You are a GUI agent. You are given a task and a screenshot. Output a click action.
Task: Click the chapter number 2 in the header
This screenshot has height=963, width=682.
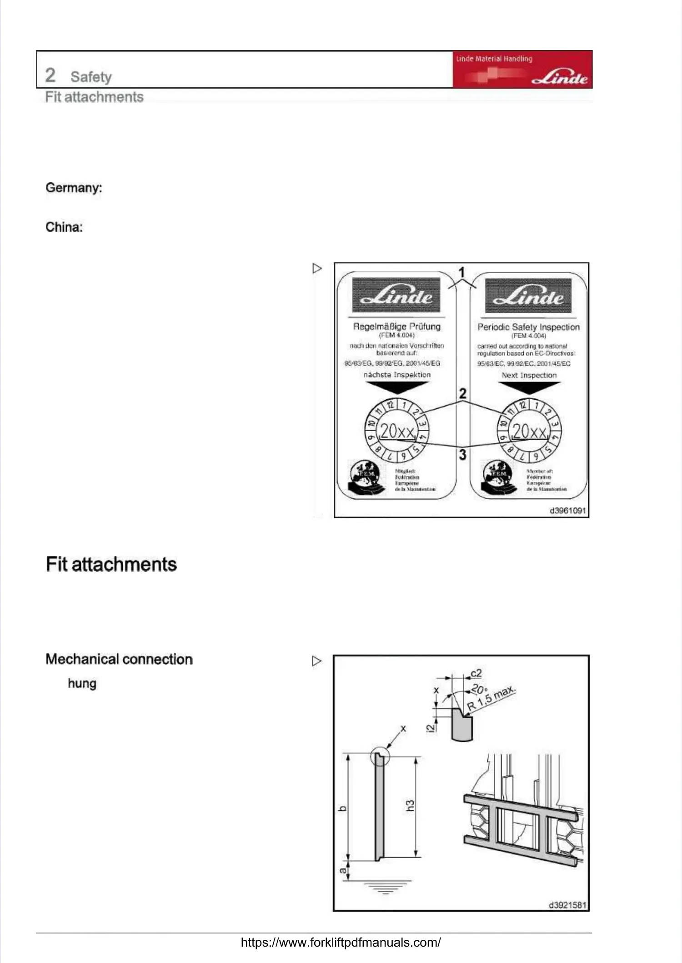(50, 75)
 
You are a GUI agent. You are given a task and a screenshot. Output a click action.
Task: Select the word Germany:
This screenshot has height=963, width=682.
(74, 188)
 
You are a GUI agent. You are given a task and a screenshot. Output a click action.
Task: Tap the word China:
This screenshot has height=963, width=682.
(64, 227)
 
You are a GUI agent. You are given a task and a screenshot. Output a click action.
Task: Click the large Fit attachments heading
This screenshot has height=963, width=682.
(111, 564)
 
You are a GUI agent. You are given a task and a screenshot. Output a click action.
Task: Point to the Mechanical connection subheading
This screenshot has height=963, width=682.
(119, 659)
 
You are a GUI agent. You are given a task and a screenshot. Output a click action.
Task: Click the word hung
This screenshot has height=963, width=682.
(82, 684)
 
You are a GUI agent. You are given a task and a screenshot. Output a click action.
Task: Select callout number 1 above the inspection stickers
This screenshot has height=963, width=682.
(461, 273)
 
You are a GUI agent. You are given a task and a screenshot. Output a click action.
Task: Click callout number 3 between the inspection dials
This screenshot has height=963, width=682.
(462, 455)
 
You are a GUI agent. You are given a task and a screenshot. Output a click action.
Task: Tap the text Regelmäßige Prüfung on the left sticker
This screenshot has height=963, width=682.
(396, 327)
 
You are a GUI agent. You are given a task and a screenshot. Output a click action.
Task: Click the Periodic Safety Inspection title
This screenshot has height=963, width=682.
(528, 327)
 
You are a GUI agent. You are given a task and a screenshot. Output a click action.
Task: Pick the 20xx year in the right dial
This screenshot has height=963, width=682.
(529, 431)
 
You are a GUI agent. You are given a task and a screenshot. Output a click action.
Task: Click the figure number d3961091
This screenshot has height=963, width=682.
(567, 511)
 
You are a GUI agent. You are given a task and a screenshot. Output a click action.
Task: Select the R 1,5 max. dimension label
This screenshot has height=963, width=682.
(491, 698)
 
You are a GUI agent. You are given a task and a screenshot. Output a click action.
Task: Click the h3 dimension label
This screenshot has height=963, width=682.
(410, 806)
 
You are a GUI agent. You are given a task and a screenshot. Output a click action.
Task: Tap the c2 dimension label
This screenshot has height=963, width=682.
(476, 673)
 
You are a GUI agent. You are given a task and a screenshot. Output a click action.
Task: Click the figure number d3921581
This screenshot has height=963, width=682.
(567, 905)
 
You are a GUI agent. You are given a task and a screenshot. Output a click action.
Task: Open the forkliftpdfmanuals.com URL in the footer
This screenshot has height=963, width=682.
(341, 943)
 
